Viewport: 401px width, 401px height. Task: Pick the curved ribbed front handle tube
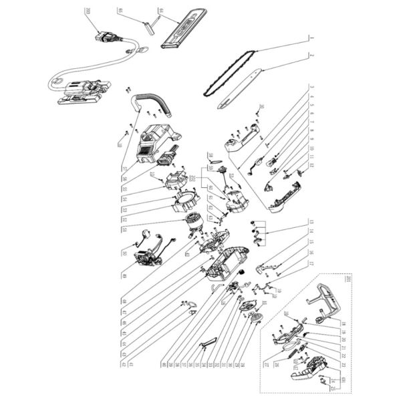point(150,100)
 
